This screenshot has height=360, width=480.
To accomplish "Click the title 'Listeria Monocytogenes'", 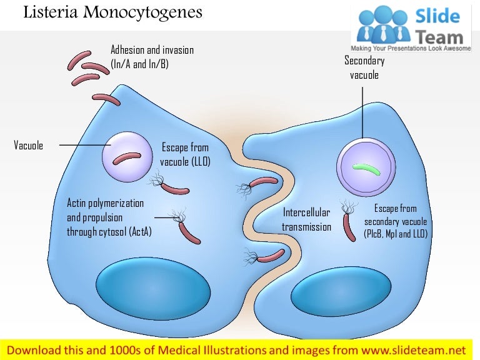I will click(112, 12).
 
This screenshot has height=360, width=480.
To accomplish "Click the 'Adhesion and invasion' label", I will click(152, 50).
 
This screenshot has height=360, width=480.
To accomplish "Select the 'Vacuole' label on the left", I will click(28, 146).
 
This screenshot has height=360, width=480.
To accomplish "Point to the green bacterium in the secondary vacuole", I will click(366, 167).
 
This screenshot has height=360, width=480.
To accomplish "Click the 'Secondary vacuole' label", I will click(364, 68).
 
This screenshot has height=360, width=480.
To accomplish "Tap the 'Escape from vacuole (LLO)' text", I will click(185, 155).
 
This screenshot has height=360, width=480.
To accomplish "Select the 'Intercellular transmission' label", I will click(306, 219).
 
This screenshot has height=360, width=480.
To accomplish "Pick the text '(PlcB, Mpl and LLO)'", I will click(396, 234).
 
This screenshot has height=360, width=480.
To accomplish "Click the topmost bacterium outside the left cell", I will click(81, 59).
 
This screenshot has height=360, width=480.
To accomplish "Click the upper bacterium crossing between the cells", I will click(264, 183).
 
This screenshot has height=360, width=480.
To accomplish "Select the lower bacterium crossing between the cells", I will click(271, 255).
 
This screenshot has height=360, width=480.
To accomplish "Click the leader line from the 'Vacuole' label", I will click(84, 146).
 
